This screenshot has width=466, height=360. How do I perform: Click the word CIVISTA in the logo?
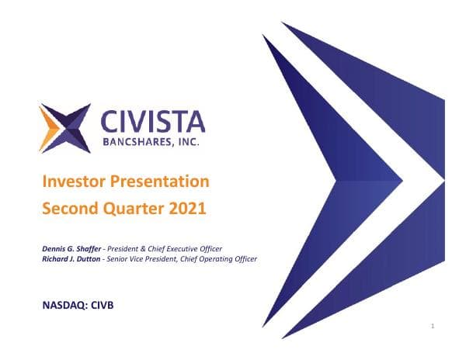tap(154, 122)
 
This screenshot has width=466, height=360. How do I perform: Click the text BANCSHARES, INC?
tap(154, 143)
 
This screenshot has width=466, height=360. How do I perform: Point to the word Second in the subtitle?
tap(68, 208)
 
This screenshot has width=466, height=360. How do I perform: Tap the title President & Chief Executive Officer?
tap(167, 248)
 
